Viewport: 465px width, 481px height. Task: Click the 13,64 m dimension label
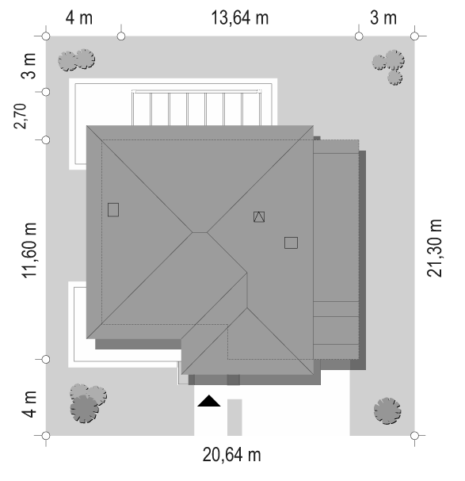pos(240,17)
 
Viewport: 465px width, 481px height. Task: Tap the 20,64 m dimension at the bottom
pos(231,455)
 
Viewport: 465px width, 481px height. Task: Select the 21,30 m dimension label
pos(435,248)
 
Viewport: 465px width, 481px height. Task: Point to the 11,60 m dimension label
pos(29,250)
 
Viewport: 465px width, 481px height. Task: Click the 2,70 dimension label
pos(21,116)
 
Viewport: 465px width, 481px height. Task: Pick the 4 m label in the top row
pos(79,17)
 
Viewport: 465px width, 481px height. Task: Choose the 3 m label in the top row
pos(383,17)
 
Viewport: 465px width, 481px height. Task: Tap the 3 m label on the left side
pos(29,66)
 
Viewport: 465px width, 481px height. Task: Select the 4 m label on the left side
pos(29,404)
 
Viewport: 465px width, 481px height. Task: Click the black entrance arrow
pos(208,401)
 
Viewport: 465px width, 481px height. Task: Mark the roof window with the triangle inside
pos(259,216)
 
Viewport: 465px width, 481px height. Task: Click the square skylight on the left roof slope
pos(113,210)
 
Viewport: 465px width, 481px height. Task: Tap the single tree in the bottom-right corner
pos(387,411)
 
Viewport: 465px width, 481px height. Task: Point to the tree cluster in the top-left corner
pos(77,59)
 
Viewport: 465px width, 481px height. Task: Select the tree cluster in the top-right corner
pos(389,67)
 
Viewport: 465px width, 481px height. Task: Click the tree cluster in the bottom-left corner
pos(87,403)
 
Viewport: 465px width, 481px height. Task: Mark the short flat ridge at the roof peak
pos(200,232)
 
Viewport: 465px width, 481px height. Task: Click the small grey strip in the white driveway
pos(234,417)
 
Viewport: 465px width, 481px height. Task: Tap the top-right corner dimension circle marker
pos(414,36)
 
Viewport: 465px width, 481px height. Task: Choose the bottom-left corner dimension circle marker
pos(46,436)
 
